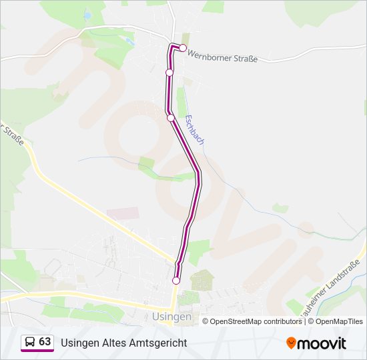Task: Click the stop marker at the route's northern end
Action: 183,48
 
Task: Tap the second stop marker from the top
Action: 169,73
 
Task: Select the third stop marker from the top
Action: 171,118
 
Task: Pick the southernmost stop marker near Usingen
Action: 176,281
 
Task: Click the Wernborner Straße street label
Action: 222,57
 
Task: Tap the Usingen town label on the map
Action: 171,317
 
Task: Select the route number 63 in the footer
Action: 45,341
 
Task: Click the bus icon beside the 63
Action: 30,342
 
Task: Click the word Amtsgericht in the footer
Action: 160,343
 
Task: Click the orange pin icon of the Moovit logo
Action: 291,343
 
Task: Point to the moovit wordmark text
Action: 322,343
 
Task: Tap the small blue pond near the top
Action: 88,15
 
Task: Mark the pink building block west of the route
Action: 123,213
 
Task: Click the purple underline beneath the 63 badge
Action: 37,351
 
